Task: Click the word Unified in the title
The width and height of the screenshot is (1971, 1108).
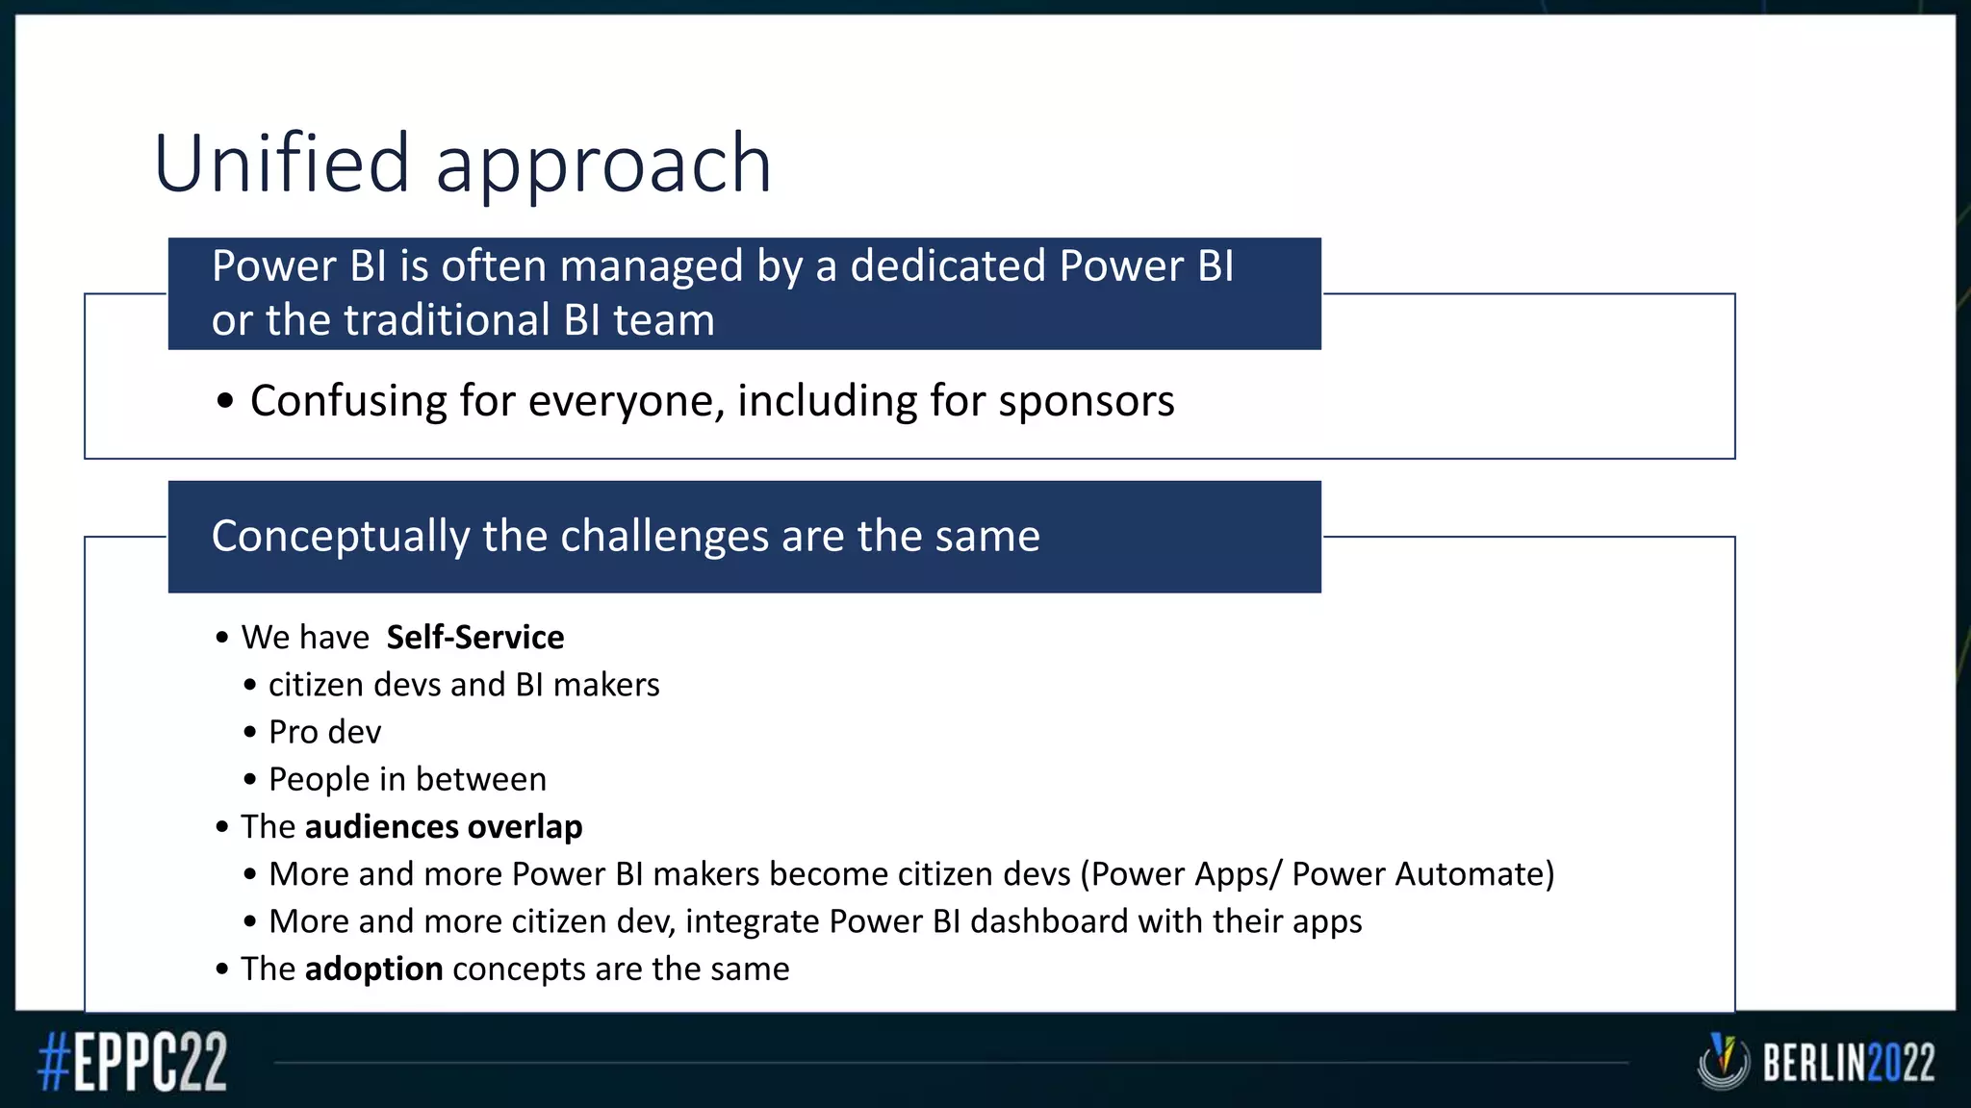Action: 282,164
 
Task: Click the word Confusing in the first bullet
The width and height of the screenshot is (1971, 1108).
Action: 347,401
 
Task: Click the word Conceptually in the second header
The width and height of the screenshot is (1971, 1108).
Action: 340,537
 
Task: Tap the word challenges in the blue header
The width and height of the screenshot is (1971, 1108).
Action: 664,536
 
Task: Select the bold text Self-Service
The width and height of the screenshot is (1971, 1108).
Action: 474,638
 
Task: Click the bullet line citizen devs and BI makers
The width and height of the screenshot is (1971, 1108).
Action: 463,685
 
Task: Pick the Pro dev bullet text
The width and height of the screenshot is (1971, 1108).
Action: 324,732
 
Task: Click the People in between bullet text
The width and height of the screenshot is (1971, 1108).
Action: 407,779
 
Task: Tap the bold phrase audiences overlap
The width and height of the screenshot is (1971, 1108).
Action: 443,827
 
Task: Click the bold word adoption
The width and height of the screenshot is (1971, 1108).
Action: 373,969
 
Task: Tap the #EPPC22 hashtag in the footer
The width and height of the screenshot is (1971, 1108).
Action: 133,1062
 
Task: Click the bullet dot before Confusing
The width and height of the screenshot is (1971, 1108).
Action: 225,402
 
